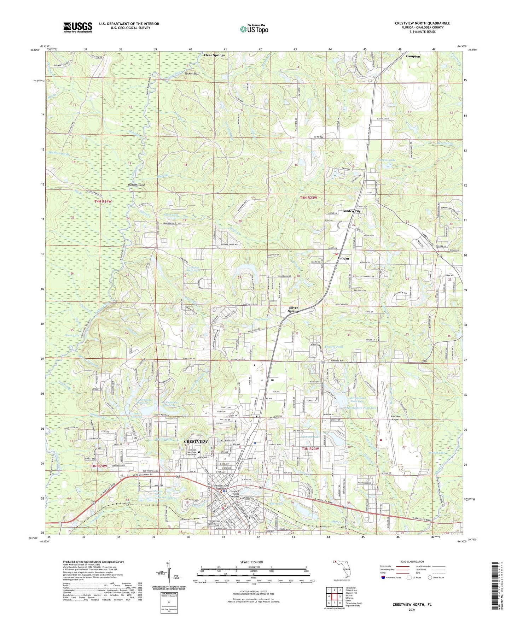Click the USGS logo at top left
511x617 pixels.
click(78, 27)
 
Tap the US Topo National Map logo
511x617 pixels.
click(254, 29)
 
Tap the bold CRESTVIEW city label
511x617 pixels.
click(196, 442)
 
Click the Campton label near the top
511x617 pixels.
click(413, 57)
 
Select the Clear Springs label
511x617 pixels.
click(214, 55)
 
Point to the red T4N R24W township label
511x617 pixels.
click(103, 201)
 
